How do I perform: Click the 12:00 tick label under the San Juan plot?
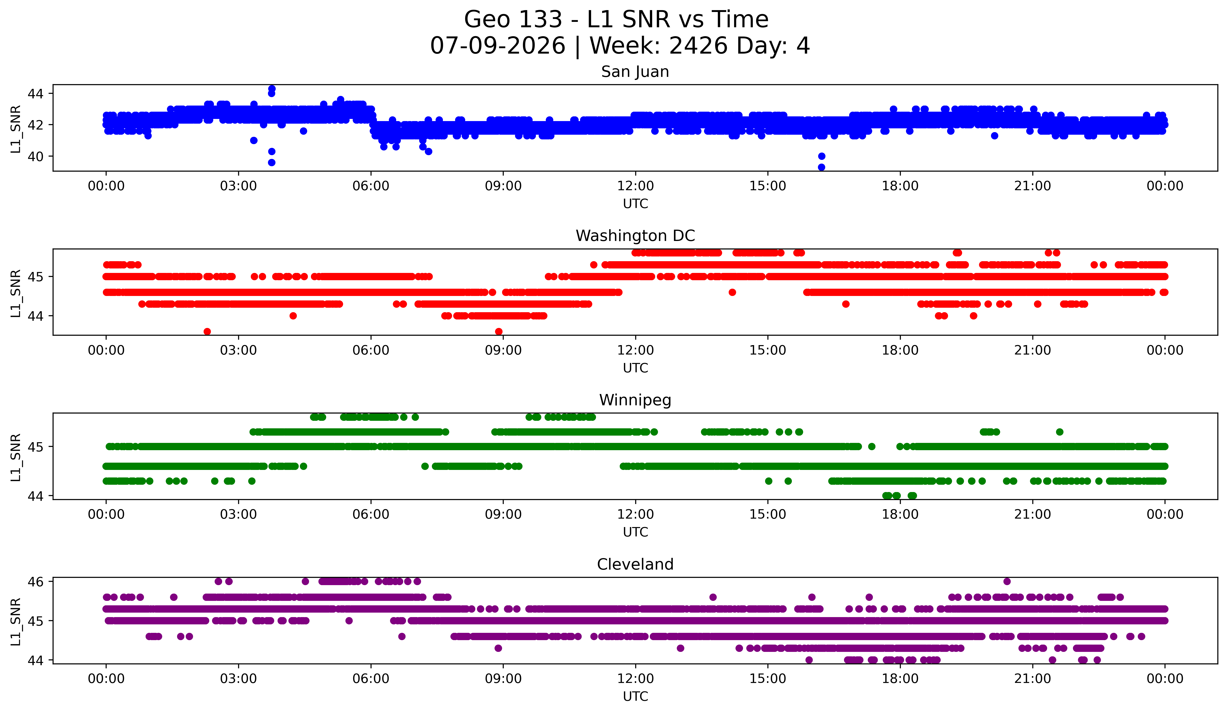pyautogui.click(x=635, y=186)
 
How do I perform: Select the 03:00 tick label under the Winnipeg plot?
pyautogui.click(x=239, y=515)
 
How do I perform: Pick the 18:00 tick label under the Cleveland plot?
pyautogui.click(x=900, y=679)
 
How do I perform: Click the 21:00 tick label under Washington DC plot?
pyautogui.click(x=1033, y=351)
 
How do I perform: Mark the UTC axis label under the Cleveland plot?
pyautogui.click(x=635, y=697)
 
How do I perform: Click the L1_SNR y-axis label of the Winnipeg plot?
pyautogui.click(x=15, y=457)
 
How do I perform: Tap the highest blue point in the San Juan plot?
pyautogui.click(x=272, y=89)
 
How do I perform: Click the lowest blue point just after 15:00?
pyautogui.click(x=821, y=167)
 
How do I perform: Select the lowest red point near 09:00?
pyautogui.click(x=499, y=331)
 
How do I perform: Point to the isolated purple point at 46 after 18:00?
pyautogui.click(x=1007, y=581)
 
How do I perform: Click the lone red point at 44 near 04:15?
pyautogui.click(x=293, y=316)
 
